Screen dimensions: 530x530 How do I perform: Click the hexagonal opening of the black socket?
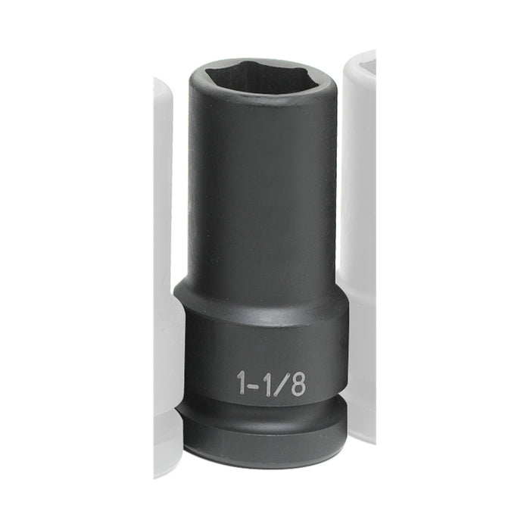pyautogui.click(x=257, y=78)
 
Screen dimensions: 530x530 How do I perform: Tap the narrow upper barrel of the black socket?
pyautogui.click(x=257, y=189)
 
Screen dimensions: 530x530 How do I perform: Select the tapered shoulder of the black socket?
pyautogui.click(x=257, y=288)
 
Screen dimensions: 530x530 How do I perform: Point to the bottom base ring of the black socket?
pyautogui.click(x=261, y=447)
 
